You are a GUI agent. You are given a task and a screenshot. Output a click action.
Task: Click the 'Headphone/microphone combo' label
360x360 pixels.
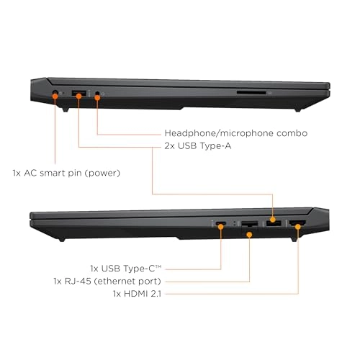click(x=236, y=133)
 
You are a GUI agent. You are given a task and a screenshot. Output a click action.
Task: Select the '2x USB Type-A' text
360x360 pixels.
click(x=198, y=145)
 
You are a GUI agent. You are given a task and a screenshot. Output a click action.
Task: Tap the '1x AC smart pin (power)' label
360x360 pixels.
click(x=66, y=173)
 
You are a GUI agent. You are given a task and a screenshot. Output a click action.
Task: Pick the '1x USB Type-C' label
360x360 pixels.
click(x=126, y=269)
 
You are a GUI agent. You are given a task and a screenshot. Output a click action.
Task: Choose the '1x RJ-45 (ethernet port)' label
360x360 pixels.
click(x=107, y=281)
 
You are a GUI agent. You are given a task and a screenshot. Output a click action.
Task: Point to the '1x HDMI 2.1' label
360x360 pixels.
click(x=137, y=294)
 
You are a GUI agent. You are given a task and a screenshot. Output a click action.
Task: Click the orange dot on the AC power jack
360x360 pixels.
click(x=55, y=96)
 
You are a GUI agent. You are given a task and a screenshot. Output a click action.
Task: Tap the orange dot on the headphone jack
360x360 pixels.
click(x=97, y=98)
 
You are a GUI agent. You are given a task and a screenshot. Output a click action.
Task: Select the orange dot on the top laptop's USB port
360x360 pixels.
click(x=78, y=96)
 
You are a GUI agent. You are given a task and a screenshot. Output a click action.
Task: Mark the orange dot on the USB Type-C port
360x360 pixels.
click(x=221, y=226)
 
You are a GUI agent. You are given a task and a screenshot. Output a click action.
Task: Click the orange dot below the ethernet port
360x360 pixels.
click(x=249, y=235)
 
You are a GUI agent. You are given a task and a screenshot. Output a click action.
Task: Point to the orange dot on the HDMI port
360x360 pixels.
click(x=298, y=226)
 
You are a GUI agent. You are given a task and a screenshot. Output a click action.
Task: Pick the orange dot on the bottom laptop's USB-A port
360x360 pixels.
click(x=273, y=220)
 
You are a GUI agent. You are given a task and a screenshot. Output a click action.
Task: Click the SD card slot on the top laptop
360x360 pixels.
click(x=251, y=92)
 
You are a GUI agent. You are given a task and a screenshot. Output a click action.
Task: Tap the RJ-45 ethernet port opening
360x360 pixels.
click(x=250, y=224)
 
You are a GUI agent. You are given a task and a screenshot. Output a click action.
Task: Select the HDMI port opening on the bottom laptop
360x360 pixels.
click(x=297, y=223)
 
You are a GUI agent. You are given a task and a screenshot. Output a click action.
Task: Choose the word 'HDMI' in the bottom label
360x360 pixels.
click(x=135, y=294)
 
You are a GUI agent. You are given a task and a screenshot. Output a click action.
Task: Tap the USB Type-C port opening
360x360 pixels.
click(x=221, y=223)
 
